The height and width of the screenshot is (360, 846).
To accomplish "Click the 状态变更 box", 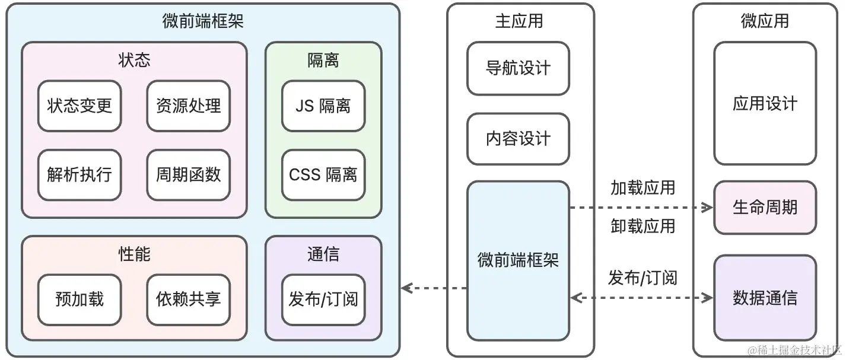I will click(x=79, y=106).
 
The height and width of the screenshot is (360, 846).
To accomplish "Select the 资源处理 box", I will click(x=188, y=106).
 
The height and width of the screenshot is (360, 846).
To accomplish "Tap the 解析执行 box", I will click(x=79, y=174).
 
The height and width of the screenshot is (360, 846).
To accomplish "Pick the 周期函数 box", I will click(x=188, y=174).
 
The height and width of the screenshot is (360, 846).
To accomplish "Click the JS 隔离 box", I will click(x=323, y=106).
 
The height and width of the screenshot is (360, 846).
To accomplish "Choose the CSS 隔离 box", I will click(x=323, y=174).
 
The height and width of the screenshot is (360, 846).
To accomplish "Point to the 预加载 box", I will click(x=79, y=299).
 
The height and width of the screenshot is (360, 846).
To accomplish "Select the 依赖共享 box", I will click(x=188, y=299).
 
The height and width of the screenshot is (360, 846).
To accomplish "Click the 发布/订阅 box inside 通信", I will click(x=323, y=299).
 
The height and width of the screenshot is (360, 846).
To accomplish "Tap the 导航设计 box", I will click(x=518, y=68).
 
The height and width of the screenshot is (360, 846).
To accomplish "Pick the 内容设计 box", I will click(x=518, y=139).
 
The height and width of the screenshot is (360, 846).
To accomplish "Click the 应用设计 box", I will click(x=765, y=104).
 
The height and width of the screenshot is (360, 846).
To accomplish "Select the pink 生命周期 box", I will click(x=765, y=208).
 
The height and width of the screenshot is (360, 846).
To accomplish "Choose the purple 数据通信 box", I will click(x=765, y=298).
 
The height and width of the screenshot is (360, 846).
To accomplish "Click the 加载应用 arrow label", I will click(x=643, y=188).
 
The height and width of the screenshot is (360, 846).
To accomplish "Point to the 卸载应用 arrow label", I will click(x=643, y=226).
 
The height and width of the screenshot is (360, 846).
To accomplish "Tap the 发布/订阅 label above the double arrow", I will click(x=643, y=278).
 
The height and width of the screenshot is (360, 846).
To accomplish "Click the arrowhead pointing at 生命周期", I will click(x=708, y=208).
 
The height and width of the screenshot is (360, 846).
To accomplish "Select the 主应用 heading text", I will click(x=519, y=21).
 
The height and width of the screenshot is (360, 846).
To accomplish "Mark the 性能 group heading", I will click(x=135, y=254).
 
